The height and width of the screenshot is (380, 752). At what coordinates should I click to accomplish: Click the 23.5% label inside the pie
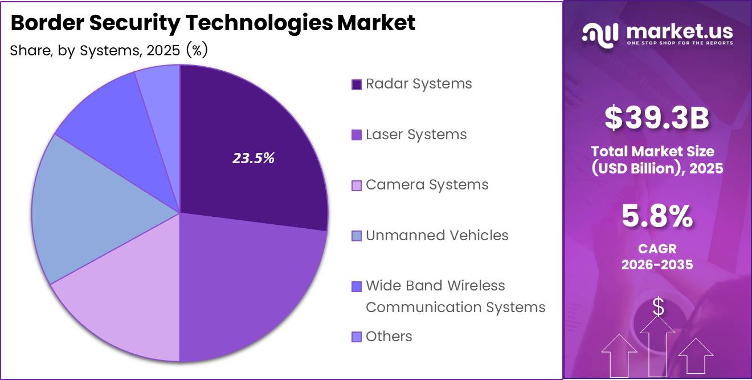[253, 159]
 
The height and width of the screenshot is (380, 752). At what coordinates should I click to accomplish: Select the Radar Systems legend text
[419, 84]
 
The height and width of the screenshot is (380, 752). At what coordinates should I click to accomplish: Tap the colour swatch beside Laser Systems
[357, 135]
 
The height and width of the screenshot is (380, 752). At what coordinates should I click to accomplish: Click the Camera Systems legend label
[427, 185]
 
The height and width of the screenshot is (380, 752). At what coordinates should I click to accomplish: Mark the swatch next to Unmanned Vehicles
[357, 236]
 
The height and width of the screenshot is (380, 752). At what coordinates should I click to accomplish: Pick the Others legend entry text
[389, 337]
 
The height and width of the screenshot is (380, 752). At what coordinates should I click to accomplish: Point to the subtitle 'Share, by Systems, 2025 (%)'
[109, 50]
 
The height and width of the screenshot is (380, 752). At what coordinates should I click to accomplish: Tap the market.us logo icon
[600, 34]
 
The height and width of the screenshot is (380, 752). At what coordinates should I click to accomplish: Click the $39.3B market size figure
[656, 119]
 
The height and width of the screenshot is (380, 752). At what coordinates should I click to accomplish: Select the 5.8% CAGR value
[657, 217]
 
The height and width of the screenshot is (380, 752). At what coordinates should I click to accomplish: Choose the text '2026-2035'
[657, 264]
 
